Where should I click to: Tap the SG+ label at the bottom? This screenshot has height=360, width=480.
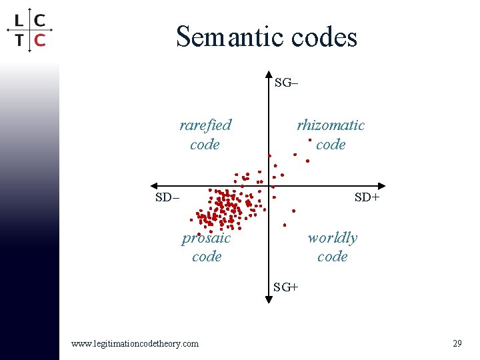click(x=286, y=287)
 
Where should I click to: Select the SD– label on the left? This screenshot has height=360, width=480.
click(x=167, y=197)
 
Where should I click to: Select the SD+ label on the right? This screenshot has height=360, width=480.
click(x=367, y=197)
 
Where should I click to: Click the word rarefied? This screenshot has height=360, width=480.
click(x=205, y=125)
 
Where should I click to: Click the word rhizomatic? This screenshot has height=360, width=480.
click(x=331, y=125)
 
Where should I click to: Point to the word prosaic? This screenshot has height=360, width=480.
click(x=207, y=238)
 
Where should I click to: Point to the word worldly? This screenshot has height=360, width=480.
click(x=332, y=238)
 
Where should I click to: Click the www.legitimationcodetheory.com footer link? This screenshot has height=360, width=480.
click(x=135, y=343)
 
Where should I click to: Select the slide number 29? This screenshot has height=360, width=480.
click(x=457, y=343)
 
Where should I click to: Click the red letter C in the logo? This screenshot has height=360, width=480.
click(x=39, y=40)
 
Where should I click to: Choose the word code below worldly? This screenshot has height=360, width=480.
click(x=332, y=257)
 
